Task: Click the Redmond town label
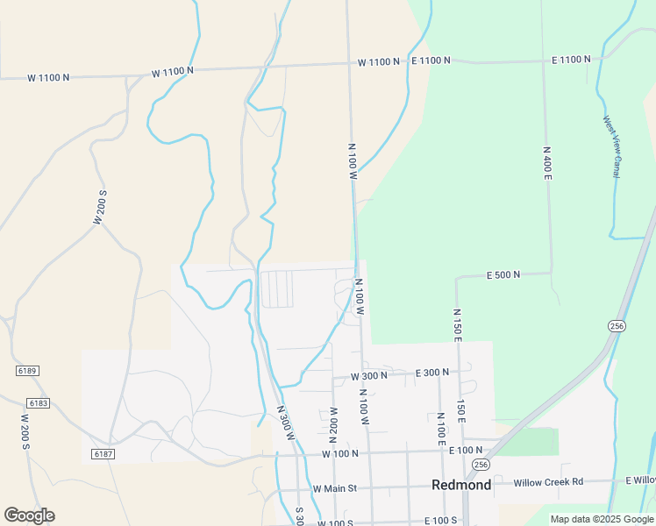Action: click(460, 486)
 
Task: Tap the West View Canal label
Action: click(611, 146)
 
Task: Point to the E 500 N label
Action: click(503, 274)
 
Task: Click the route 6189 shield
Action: click(27, 371)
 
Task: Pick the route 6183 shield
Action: click(39, 402)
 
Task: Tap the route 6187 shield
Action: click(103, 453)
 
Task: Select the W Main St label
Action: click(335, 488)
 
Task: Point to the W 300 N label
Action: click(369, 375)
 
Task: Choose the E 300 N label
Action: click(432, 373)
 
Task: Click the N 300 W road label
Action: click(287, 424)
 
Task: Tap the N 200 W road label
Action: click(333, 424)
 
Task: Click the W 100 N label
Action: click(340, 454)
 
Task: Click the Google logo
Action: click(29, 515)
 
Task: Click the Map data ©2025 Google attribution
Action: click(602, 519)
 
